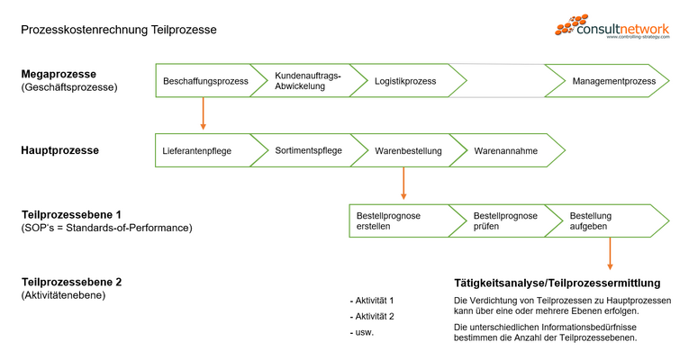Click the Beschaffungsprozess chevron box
pyautogui.click(x=205, y=81)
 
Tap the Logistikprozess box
pyautogui.click(x=404, y=81)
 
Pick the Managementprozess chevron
pyautogui.click(x=613, y=81)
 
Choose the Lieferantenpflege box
pyautogui.click(x=197, y=151)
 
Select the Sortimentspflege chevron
pyautogui.click(x=307, y=150)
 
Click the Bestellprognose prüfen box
pyautogui.click(x=505, y=221)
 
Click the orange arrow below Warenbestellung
pyautogui.click(x=403, y=184)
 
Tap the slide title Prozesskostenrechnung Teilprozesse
pyautogui.click(x=119, y=30)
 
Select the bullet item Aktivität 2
pyautogui.click(x=372, y=316)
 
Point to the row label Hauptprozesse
pyautogui.click(x=60, y=150)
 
